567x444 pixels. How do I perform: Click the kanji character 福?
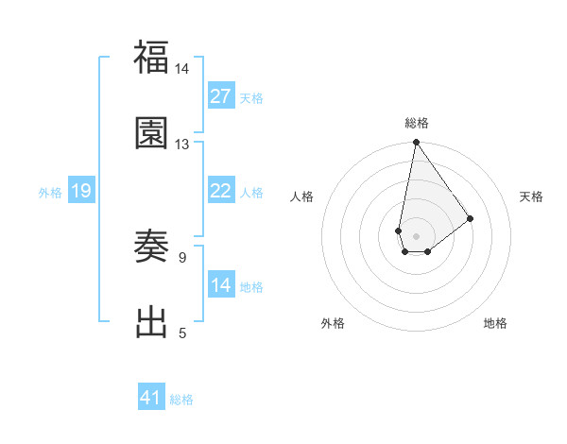[152, 58]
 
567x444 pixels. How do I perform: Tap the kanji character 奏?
[152, 247]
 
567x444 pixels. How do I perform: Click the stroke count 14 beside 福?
[181, 69]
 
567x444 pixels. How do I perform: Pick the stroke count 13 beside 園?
[181, 144]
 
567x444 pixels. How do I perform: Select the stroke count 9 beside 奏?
[181, 257]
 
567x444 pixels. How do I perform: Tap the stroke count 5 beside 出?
[181, 333]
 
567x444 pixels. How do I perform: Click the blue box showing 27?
[221, 96]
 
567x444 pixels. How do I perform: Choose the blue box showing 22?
[221, 191]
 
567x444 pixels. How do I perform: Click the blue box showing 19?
[81, 191]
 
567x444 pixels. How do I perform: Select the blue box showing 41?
[151, 398]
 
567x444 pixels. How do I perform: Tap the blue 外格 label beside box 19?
[50, 193]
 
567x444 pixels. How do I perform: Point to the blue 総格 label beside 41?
[181, 400]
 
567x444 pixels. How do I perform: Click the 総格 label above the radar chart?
[416, 123]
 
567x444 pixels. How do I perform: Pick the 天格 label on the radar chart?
[532, 196]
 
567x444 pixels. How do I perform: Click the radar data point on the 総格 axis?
[416, 144]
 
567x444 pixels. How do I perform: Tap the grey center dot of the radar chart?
[416, 234]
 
